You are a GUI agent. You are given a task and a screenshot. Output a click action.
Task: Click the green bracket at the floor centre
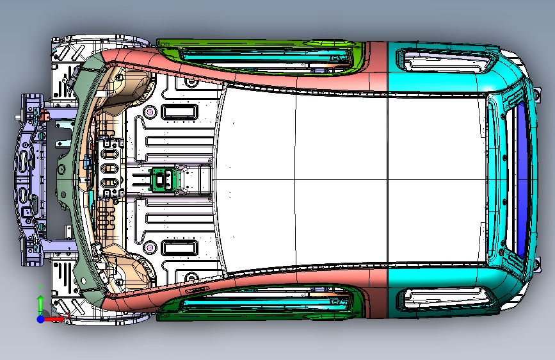click(162, 179)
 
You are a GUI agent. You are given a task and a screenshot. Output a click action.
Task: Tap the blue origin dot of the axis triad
click(41, 318)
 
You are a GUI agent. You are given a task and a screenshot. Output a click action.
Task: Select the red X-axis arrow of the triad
click(61, 317)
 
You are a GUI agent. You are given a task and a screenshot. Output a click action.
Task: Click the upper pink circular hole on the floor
click(150, 111)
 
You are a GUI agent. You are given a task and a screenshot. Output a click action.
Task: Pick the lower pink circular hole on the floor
click(150, 247)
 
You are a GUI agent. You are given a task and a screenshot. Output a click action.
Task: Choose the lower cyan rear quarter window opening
click(445, 297)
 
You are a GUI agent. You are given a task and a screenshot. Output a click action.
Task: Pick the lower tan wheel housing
click(128, 272)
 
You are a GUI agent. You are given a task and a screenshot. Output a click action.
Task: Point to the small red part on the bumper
click(45, 115)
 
